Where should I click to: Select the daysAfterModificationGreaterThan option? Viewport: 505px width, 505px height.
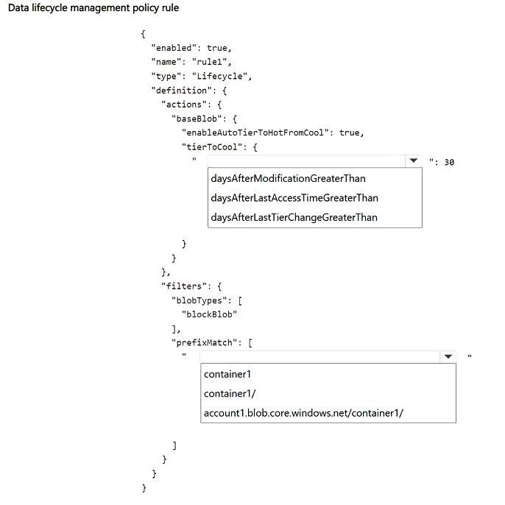288,178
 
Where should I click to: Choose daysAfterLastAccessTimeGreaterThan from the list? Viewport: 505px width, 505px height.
294,198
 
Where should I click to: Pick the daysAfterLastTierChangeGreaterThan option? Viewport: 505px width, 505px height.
294,217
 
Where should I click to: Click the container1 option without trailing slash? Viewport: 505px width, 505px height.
227,374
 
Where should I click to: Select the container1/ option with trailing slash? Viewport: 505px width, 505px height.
230,394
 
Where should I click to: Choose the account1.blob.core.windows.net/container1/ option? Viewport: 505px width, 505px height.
303,413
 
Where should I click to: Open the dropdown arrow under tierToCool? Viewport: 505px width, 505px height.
414,160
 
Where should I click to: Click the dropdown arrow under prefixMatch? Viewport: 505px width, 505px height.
448,356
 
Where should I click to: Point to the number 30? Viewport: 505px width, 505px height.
449,162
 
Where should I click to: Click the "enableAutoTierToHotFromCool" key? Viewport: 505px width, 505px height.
255,133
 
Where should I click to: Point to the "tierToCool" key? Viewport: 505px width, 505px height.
211,147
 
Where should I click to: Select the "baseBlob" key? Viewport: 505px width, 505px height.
197,119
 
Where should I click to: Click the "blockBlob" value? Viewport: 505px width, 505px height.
209,314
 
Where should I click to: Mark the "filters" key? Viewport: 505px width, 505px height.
181,286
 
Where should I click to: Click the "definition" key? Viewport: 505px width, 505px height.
179,90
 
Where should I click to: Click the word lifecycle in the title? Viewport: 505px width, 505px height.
49,7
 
